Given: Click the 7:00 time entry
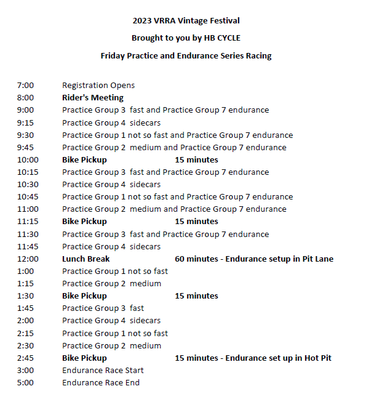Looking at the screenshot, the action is [25, 86].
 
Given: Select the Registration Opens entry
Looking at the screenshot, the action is [98, 86].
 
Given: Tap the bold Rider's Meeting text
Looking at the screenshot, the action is [92, 98].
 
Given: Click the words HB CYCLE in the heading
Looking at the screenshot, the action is [221, 38].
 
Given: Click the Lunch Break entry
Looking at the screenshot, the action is [86, 259].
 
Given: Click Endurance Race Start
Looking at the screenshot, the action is [103, 371].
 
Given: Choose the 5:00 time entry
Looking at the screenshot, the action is [25, 383].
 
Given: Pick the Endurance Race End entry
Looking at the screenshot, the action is [101, 383].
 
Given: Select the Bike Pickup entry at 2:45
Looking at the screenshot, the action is [84, 358].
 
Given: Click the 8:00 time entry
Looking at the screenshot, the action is [25, 98].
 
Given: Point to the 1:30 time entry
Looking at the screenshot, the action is [25, 296].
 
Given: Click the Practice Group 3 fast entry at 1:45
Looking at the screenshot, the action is [103, 308].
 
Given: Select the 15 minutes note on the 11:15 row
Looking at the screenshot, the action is [196, 222].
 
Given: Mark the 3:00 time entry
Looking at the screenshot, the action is [25, 371].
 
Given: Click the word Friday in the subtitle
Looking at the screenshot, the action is [114, 56].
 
